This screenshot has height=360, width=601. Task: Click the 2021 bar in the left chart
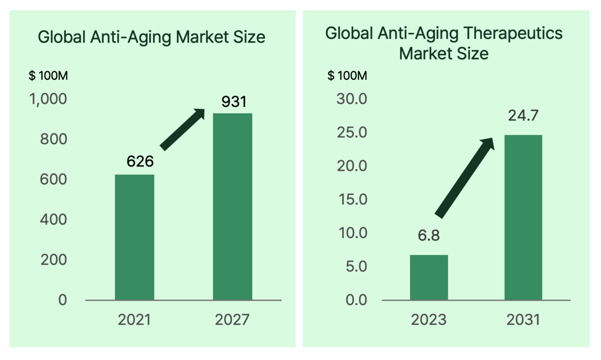134,237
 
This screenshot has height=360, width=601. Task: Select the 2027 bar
232,207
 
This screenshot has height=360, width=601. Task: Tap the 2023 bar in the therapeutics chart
429,277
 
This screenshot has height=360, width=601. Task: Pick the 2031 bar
523,217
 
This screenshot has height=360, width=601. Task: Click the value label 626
140,161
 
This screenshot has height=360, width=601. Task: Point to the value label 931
233,101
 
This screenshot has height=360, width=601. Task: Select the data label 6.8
429,235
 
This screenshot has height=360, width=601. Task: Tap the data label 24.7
523,115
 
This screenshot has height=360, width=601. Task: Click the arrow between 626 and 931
183,130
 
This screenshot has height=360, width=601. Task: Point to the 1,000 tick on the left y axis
49,100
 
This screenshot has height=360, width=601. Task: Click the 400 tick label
54,220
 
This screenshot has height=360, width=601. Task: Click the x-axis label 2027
232,320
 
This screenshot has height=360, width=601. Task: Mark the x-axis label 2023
429,320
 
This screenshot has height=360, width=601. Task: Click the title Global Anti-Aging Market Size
152,37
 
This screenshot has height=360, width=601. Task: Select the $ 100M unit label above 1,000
48,76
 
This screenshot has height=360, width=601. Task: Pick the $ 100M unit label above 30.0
347,76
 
